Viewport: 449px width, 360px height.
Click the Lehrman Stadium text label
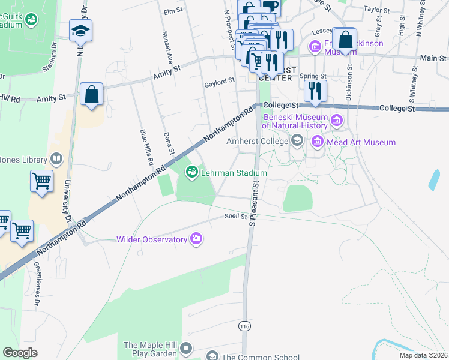coord(234,173)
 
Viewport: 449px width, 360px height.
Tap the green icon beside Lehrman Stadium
coord(192,173)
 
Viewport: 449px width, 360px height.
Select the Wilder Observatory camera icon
coord(196,239)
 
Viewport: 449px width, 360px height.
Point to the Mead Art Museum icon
coord(317,142)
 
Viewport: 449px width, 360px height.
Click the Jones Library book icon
coord(56,159)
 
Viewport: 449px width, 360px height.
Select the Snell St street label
coord(236,216)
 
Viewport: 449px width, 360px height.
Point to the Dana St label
coord(169,143)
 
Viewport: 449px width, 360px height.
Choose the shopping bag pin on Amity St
coord(91,95)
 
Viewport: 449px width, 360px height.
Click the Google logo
coord(20,352)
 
